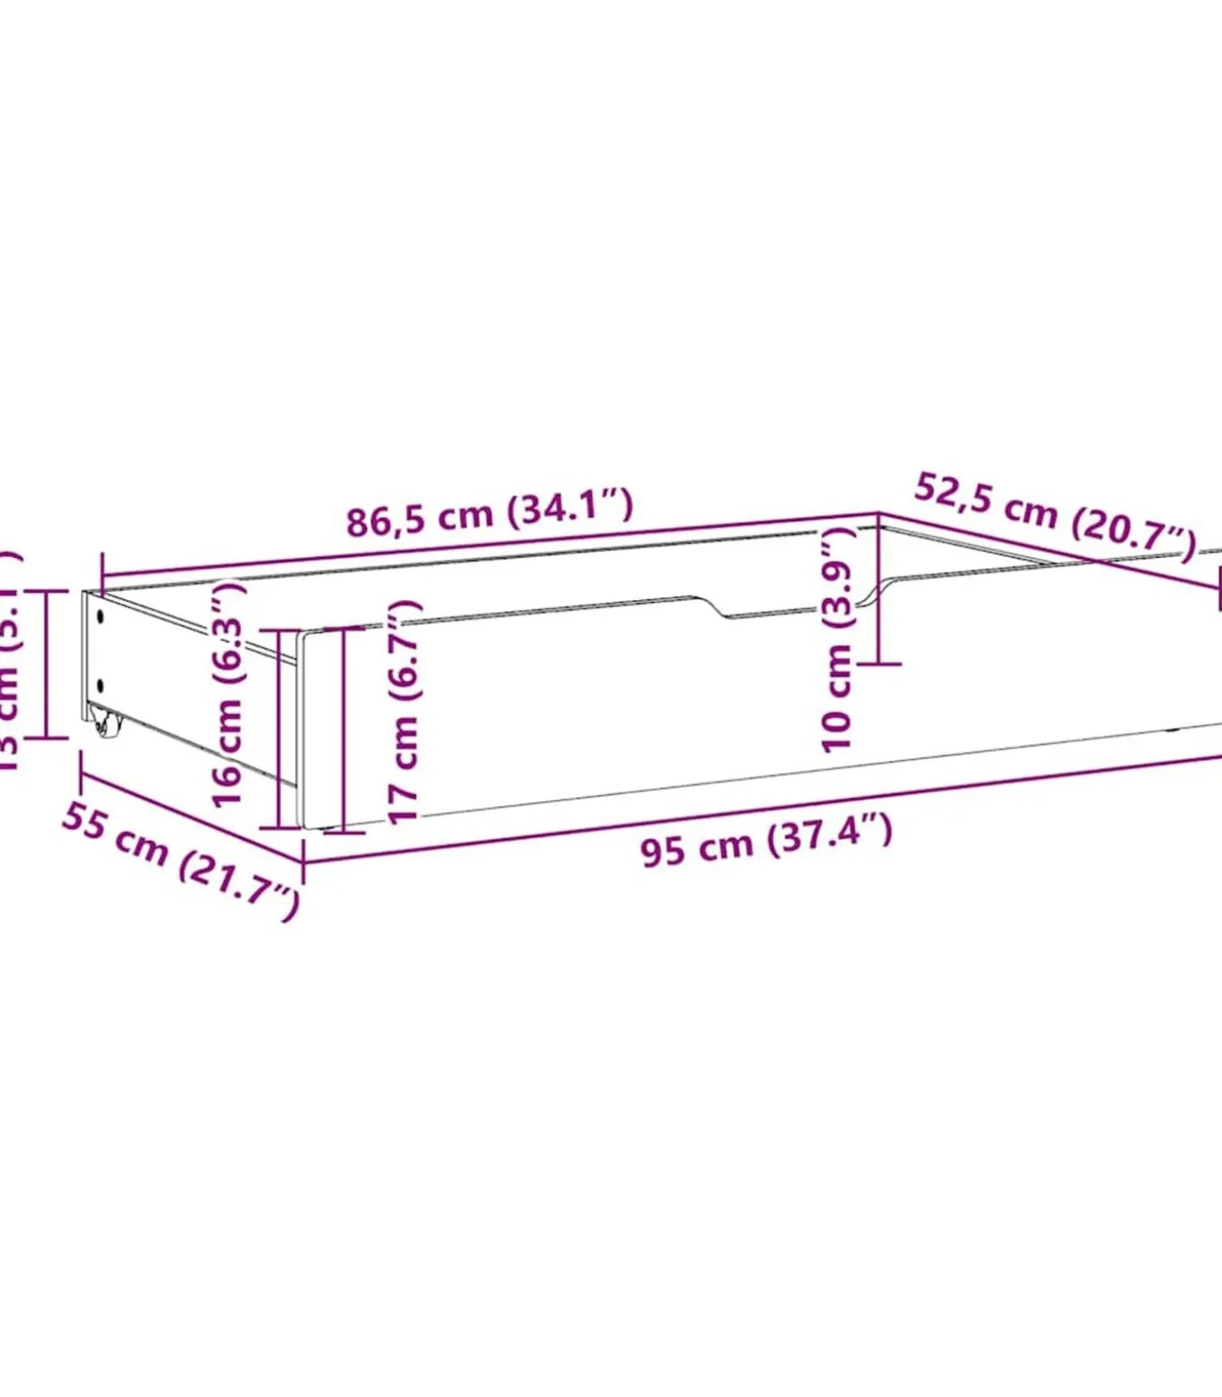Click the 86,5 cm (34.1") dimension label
[x=490, y=513]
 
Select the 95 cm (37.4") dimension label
[x=766, y=840]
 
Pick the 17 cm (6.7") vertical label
[x=404, y=710]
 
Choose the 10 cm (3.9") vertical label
[x=837, y=640]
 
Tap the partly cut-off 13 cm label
[x=9, y=660]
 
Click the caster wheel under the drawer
[x=105, y=722]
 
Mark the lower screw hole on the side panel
[x=100, y=687]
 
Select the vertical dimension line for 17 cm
[x=342, y=729]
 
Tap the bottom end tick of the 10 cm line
[x=879, y=664]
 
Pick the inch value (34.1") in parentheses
[x=571, y=507]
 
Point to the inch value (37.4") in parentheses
[x=830, y=834]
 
